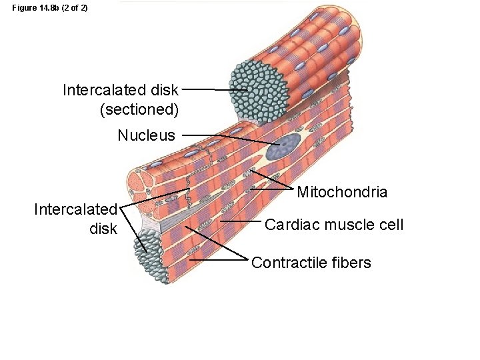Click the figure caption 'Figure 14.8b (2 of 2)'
(x=50, y=7)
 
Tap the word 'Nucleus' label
(x=146, y=135)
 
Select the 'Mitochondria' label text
(x=342, y=193)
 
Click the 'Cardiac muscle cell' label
(x=334, y=225)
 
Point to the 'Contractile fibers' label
(x=311, y=263)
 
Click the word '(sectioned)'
(x=139, y=109)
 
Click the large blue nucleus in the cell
(x=283, y=145)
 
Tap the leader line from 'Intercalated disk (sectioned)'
(x=207, y=89)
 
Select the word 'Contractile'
(x=288, y=263)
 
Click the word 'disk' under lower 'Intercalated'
(x=103, y=229)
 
